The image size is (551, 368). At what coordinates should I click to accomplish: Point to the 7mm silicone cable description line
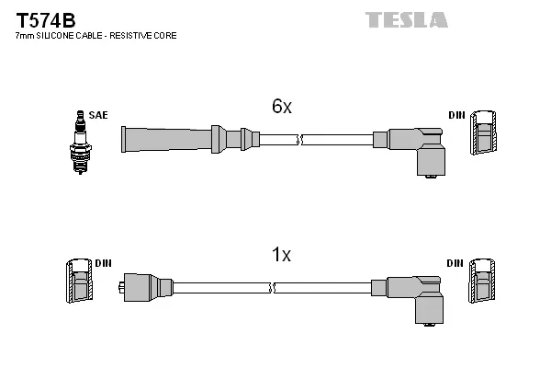(x=96, y=36)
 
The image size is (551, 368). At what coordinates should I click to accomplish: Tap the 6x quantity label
(x=281, y=107)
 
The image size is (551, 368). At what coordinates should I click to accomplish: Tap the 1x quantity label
(x=281, y=255)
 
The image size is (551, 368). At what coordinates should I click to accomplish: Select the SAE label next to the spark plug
(x=98, y=115)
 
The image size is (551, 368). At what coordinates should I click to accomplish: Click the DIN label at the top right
(x=455, y=115)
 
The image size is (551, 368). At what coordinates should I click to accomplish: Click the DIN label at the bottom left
(x=103, y=263)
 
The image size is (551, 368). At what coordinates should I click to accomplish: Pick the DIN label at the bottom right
(x=455, y=263)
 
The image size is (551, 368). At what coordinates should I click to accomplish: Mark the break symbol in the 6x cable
(x=300, y=140)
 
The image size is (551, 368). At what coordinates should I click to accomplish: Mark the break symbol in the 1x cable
(x=272, y=288)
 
